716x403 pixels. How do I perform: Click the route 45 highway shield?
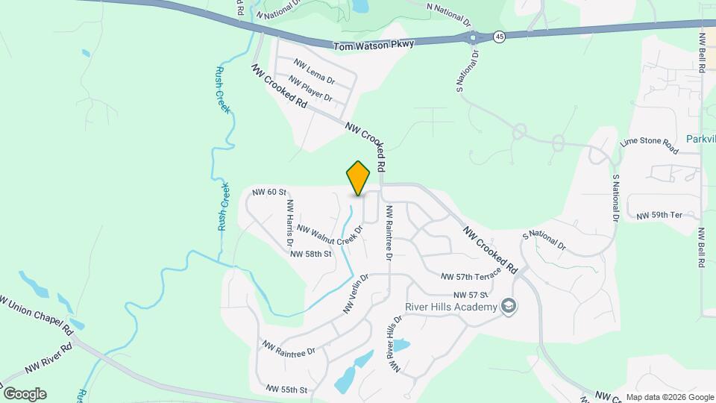[x=500, y=36]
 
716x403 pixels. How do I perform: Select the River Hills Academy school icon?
[x=509, y=307]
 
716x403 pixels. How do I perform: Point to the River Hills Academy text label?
[x=450, y=307]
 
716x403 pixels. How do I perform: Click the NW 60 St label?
[x=269, y=193]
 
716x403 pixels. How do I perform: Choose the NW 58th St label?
[x=310, y=254]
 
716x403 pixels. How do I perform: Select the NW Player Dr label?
[x=310, y=90]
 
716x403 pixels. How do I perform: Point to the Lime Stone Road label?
[x=649, y=146]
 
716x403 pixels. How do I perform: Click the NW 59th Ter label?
[x=659, y=216]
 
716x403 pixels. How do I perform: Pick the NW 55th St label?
[x=286, y=390]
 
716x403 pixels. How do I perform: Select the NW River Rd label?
[x=48, y=358]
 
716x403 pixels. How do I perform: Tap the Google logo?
[x=25, y=394]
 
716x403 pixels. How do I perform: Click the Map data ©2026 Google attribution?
[x=670, y=397]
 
